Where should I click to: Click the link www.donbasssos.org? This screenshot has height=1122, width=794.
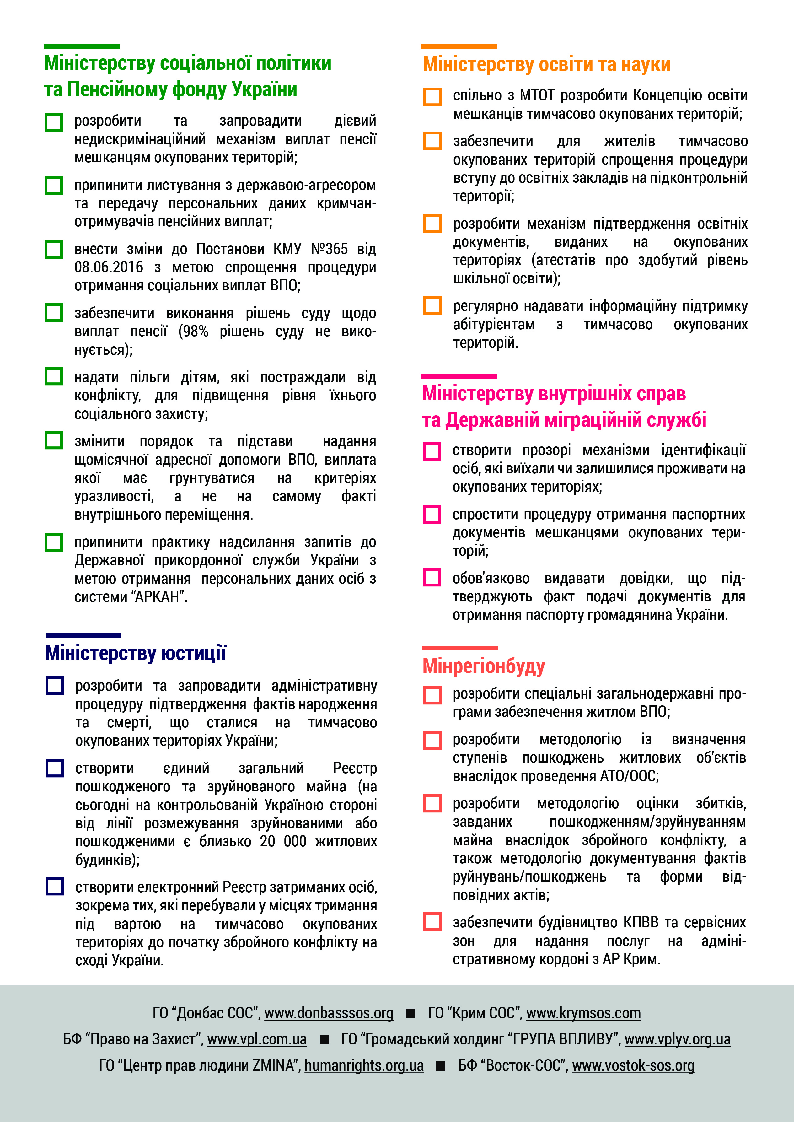click(329, 1013)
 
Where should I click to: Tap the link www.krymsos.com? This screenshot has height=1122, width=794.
click(583, 1013)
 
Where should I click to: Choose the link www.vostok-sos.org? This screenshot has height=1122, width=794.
click(633, 1065)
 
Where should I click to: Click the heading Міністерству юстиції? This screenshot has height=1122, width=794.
click(136, 653)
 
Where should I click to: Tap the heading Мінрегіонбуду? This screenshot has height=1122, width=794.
click(484, 666)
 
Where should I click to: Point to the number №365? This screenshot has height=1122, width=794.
click(329, 249)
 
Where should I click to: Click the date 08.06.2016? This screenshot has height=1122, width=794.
click(109, 267)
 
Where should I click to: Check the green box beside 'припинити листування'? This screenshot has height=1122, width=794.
click(54, 185)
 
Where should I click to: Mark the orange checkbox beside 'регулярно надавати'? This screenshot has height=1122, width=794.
click(432, 305)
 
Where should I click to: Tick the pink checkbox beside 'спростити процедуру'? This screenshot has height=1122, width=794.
click(432, 514)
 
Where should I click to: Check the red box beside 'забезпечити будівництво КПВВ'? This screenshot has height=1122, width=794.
click(432, 921)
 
